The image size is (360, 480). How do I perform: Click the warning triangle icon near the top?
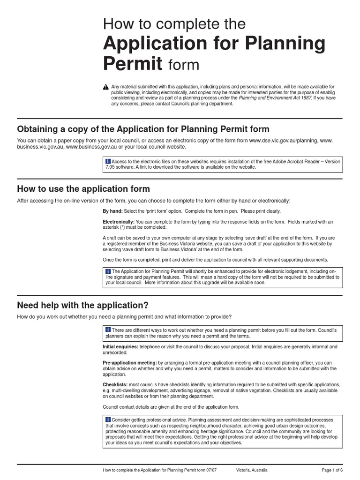106,87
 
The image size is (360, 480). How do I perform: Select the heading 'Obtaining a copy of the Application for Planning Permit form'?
143,129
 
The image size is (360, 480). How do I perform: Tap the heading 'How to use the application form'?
83,189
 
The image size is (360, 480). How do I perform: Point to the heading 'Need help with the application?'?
82,305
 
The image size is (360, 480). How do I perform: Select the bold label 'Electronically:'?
119,222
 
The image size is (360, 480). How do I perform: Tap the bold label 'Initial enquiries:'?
120,347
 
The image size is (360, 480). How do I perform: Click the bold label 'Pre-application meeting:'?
130,363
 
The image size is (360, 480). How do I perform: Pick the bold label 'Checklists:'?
115,385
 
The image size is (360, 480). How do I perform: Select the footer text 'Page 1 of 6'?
332,470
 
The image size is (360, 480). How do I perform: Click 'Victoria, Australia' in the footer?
252,470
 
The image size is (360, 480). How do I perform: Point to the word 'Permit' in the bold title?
133,63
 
